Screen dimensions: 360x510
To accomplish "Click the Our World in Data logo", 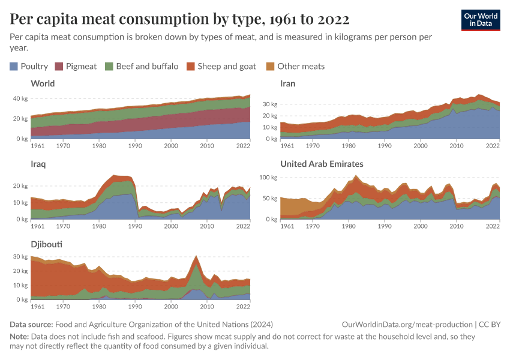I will (x=481, y=20).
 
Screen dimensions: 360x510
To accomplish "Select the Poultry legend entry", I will (x=29, y=67).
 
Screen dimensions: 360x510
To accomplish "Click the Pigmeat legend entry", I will (x=76, y=67).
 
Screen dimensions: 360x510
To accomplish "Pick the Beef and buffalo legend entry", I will (x=142, y=67).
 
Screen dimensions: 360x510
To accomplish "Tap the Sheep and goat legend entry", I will (x=221, y=67).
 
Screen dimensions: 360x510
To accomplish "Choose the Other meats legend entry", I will (x=295, y=67).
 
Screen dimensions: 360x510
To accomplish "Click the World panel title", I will (x=43, y=83).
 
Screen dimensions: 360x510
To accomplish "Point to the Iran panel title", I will (x=288, y=83).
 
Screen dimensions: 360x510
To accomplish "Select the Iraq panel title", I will (x=39, y=164).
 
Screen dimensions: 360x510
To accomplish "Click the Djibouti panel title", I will (x=46, y=244).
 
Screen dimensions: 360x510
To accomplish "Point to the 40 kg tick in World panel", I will (x=20, y=98).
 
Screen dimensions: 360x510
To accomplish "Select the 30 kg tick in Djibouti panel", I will (x=20, y=257).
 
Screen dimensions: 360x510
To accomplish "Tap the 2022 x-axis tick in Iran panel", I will (x=493, y=145).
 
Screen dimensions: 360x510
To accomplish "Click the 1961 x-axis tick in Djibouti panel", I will (x=37, y=306).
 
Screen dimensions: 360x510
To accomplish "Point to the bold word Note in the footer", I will (x=19, y=337).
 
